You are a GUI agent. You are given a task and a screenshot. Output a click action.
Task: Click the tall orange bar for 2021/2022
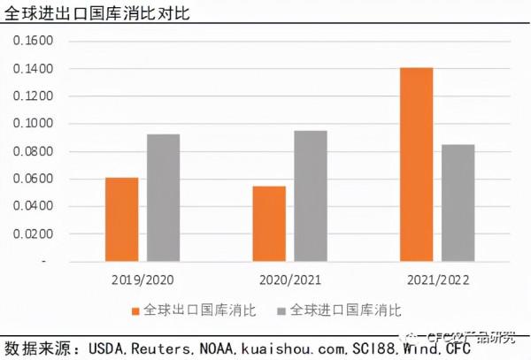[416, 165]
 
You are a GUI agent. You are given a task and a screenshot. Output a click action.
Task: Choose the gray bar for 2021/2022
[458, 203]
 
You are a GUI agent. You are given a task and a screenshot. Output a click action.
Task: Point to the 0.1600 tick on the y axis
[36, 41]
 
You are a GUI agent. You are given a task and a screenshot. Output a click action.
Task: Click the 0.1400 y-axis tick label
[36, 69]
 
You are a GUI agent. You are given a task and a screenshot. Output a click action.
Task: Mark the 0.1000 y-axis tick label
[36, 124]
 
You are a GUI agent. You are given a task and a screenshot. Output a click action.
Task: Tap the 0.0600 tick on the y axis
[36, 180]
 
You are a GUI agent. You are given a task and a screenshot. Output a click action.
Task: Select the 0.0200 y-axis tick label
[36, 234]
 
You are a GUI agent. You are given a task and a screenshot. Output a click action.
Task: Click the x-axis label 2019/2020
[143, 280]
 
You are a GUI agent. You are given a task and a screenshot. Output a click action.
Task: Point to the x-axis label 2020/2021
[290, 280]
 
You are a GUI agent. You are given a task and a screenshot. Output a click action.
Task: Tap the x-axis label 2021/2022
[436, 280]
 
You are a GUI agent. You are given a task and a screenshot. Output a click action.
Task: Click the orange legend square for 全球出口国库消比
[135, 311]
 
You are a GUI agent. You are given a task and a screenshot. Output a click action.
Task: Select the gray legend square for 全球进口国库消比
[282, 311]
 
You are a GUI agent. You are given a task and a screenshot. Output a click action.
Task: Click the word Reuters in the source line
[158, 348]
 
